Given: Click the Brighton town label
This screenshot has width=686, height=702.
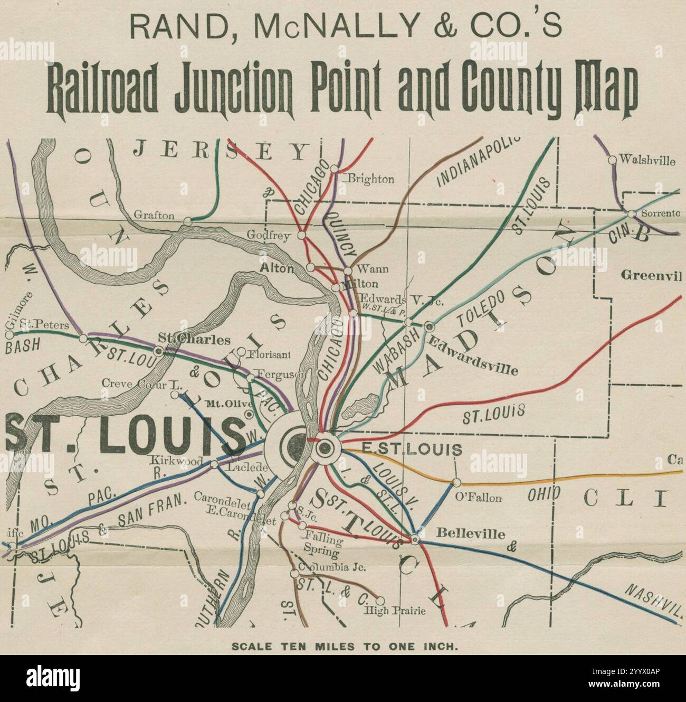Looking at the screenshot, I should [370, 179].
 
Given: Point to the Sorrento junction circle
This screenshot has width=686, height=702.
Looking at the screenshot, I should [631, 214].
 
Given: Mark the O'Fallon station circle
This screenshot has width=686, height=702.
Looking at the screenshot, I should [456, 482].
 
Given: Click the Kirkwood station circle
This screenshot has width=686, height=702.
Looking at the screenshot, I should [214, 464].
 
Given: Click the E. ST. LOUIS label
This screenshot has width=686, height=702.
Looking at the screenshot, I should [412, 450].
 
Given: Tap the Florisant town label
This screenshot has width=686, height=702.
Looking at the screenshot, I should [270, 354].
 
